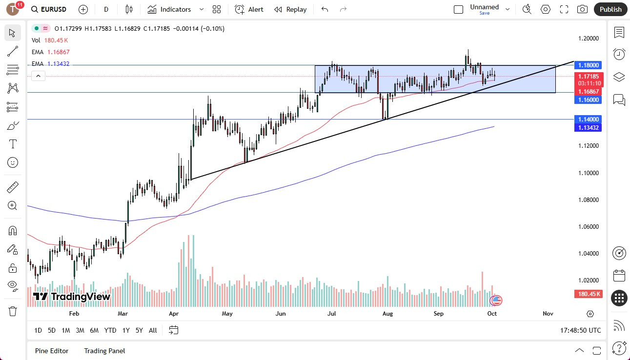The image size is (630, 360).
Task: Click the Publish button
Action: [x=610, y=9]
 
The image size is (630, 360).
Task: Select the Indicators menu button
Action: [x=169, y=9]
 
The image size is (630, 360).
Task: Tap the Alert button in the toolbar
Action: [x=249, y=9]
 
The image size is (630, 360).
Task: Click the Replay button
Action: [x=290, y=9]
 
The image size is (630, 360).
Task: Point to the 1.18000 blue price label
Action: [x=589, y=65]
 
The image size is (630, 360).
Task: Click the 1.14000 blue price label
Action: [x=589, y=119]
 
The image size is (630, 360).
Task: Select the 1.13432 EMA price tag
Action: [x=589, y=128]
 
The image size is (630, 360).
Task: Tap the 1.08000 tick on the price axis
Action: [x=589, y=200]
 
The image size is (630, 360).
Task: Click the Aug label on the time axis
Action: [x=387, y=314]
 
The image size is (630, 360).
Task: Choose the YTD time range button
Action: [x=110, y=330]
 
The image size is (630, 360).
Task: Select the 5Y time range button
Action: [x=139, y=330]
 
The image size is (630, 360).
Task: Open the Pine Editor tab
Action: [x=52, y=351]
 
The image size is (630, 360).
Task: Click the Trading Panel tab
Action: [x=104, y=351]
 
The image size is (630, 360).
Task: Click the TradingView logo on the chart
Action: [x=72, y=297]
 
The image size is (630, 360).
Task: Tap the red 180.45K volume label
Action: [x=589, y=294]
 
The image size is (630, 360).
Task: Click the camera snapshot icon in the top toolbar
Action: [x=582, y=9]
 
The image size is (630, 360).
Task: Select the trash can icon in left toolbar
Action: [x=13, y=311]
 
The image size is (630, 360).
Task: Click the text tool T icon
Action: [x=13, y=144]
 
